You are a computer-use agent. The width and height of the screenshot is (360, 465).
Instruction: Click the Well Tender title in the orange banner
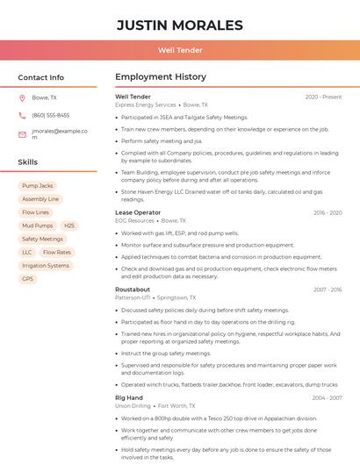(x=179, y=50)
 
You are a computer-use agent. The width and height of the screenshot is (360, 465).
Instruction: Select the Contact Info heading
(x=40, y=77)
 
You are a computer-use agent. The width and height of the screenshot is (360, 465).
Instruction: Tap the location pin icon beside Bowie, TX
(x=22, y=97)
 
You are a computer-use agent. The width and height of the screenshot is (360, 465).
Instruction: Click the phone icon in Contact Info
(x=22, y=115)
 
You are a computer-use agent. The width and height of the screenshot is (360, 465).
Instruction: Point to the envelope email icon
(x=22, y=134)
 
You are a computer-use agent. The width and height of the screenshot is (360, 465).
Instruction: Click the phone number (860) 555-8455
(x=50, y=115)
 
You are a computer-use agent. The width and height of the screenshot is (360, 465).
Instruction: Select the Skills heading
(x=27, y=162)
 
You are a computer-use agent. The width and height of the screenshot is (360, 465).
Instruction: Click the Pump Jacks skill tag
(x=38, y=186)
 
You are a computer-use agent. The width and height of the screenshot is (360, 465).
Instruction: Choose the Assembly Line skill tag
(x=40, y=199)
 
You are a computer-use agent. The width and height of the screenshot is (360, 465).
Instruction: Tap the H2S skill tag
(x=69, y=225)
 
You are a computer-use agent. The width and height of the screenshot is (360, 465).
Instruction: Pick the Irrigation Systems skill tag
(x=46, y=265)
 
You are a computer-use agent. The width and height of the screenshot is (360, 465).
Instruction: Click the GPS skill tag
(x=28, y=279)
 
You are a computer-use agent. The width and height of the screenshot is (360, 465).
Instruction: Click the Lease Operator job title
(x=138, y=212)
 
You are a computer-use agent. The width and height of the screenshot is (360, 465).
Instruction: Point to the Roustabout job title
(x=133, y=290)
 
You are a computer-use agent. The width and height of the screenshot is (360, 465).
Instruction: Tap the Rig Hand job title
(x=129, y=398)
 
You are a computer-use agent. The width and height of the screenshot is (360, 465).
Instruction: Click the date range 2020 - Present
(x=323, y=97)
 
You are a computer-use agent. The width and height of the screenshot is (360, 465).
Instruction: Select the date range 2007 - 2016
(x=328, y=290)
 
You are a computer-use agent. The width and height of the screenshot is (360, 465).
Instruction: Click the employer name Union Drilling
(x=133, y=406)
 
